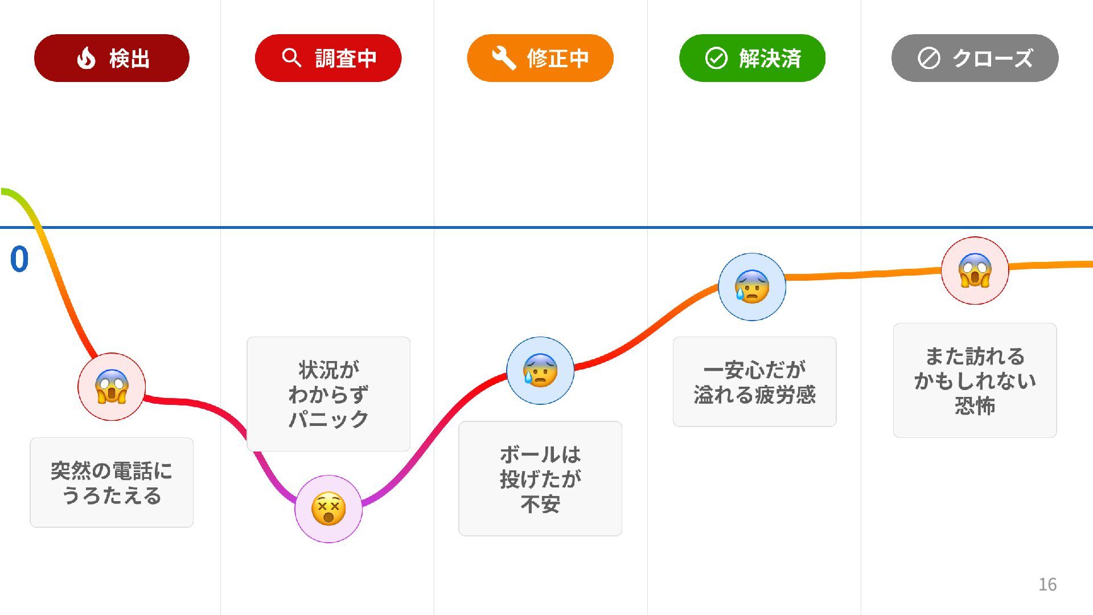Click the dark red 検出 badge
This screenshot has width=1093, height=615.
tap(112, 58)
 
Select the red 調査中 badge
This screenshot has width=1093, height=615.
tap(328, 58)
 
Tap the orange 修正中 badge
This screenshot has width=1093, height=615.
tap(540, 58)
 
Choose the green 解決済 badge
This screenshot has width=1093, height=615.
tap(752, 58)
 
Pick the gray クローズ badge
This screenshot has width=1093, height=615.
tap(975, 58)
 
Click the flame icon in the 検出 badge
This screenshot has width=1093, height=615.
tap(86, 58)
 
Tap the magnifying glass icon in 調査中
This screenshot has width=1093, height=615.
tap(291, 58)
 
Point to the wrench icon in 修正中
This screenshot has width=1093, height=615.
tap(503, 58)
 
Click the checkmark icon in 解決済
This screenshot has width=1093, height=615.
tap(716, 58)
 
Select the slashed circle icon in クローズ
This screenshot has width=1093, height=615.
tap(928, 58)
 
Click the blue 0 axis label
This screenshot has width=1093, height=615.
tap(19, 260)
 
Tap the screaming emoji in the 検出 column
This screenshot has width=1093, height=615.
tap(112, 387)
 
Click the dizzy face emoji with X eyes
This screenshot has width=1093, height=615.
tap(328, 509)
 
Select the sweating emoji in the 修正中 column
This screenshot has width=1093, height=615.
tap(540, 371)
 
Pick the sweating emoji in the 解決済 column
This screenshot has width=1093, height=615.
tap(752, 286)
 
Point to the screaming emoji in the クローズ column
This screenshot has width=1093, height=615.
tap(975, 270)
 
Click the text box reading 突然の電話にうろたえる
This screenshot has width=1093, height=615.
tap(112, 482)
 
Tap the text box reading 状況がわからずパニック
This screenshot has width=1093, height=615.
tap(328, 393)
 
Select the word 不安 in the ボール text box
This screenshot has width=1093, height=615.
tap(540, 504)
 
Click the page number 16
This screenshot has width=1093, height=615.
tap(1047, 584)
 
